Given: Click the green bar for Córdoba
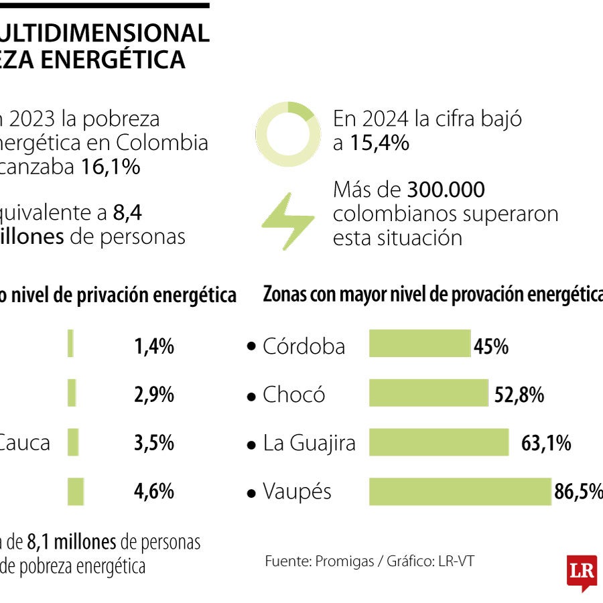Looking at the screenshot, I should click(x=420, y=343).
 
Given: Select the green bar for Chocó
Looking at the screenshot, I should click(x=429, y=393).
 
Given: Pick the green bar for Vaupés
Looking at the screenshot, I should click(x=460, y=491).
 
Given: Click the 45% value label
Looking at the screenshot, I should click(x=491, y=346).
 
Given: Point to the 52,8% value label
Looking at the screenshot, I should click(x=519, y=395).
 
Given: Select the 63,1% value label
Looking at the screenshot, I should click(x=545, y=444).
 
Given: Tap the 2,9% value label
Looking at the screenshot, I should click(x=154, y=395).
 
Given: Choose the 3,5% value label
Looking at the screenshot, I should click(x=154, y=444).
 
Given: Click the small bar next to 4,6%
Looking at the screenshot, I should click(x=75, y=491).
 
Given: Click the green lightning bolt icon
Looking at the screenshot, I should click(x=287, y=220).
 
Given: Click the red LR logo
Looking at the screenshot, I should click(x=582, y=572).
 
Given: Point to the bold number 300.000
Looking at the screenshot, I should click(x=446, y=190).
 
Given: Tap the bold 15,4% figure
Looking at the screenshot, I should click(x=379, y=143).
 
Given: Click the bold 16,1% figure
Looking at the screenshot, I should click(x=110, y=167).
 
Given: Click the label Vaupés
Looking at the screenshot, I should click(x=297, y=492).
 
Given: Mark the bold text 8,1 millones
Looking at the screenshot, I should click(x=71, y=542).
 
